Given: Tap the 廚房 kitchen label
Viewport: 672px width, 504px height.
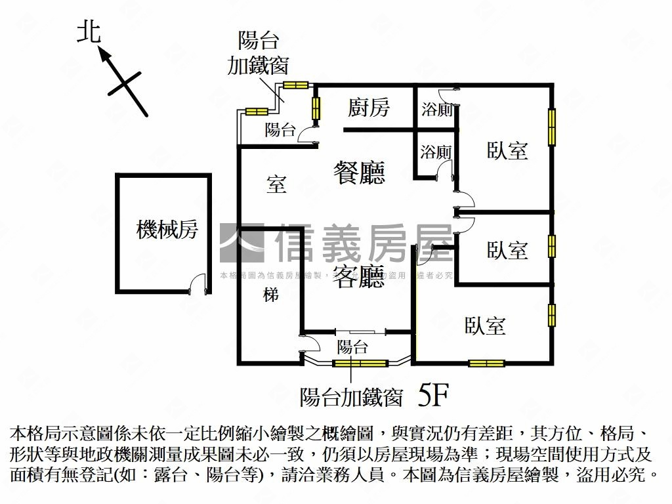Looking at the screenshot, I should [x=369, y=108].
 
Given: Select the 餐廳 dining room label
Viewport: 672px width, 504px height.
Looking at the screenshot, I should [x=358, y=172].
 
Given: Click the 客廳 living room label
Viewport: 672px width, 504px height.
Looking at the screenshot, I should [x=358, y=278].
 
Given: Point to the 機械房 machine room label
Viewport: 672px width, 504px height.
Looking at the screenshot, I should [x=167, y=230].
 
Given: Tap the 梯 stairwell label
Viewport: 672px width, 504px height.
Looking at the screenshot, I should [x=271, y=295].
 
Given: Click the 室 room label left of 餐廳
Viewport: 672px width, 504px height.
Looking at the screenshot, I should [x=276, y=184].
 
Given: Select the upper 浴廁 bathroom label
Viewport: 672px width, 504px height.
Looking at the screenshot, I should [x=436, y=110].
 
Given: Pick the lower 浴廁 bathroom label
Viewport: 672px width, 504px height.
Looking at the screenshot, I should [x=436, y=152].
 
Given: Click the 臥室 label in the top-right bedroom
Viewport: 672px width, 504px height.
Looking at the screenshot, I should [x=507, y=151].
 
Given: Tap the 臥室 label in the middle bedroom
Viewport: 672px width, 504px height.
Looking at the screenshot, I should [x=507, y=250].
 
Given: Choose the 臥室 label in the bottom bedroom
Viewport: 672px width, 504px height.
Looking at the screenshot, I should [x=485, y=325].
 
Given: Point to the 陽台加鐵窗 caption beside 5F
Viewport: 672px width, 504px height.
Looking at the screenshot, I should [x=350, y=396].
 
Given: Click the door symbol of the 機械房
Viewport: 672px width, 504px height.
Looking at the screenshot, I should [x=194, y=283].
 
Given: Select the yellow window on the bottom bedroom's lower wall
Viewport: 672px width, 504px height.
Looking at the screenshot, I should [x=486, y=363].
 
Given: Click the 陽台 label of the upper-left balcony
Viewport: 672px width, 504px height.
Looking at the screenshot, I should [x=280, y=130].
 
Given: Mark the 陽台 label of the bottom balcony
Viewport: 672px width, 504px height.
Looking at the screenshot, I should [x=352, y=347].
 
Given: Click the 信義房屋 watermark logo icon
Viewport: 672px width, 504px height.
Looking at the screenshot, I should [x=241, y=243].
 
